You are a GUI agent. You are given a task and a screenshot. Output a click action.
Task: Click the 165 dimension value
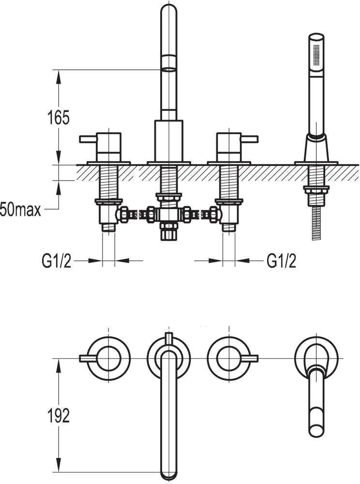click(59, 118)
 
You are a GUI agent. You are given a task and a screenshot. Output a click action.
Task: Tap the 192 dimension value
click(59, 415)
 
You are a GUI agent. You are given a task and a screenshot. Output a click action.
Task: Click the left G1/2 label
click(56, 261)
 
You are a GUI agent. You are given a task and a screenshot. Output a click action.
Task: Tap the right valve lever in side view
click(249, 140)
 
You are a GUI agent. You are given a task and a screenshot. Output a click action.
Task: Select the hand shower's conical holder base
click(317, 148)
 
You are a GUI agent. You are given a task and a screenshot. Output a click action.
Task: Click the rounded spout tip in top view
click(168, 472)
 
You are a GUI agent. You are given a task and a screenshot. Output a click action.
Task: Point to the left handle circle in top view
click(108, 358)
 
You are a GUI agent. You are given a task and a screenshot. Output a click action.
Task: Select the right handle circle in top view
click(228, 358)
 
